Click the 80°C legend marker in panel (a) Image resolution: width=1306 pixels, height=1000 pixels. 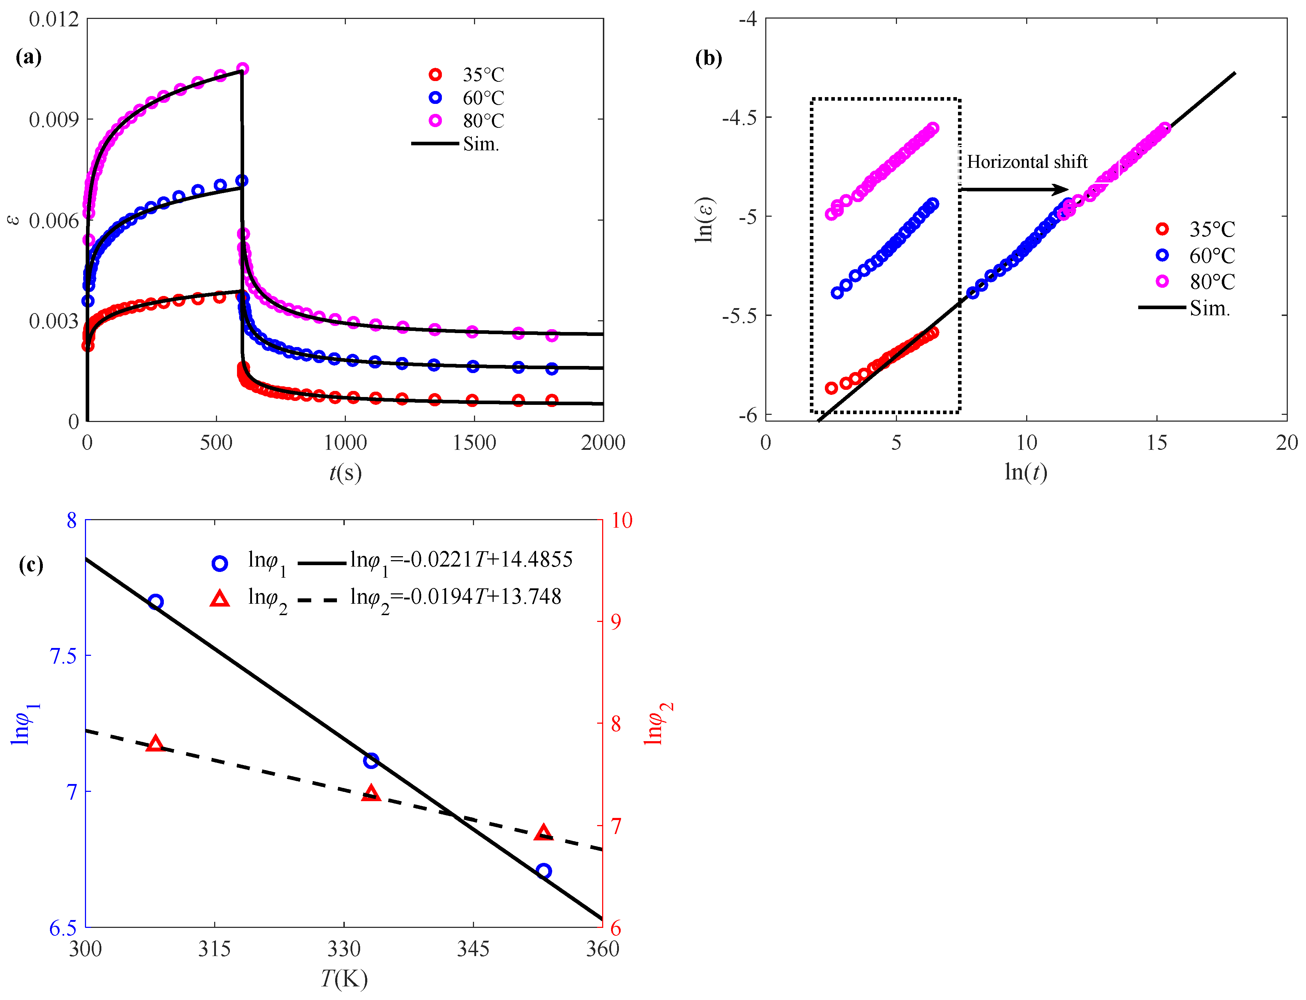[x=435, y=120]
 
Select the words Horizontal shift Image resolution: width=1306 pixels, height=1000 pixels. [x=1027, y=161]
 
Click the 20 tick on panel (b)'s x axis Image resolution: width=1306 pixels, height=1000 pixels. [x=1286, y=442]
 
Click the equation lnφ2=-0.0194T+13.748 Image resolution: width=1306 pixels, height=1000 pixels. [x=455, y=597]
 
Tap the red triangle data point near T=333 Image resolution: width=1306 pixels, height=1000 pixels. [x=371, y=792]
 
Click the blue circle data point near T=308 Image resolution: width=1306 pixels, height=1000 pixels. [x=155, y=602]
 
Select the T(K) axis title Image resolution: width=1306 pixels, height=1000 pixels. [x=344, y=978]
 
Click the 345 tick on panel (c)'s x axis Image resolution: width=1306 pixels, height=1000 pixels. [x=473, y=948]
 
